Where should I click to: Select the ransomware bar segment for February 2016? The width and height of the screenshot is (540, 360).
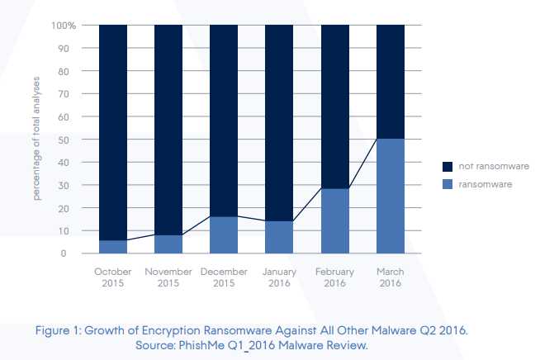[334, 220]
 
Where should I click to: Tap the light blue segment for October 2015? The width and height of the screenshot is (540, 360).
[113, 246]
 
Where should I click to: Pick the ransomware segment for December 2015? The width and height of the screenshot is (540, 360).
[224, 234]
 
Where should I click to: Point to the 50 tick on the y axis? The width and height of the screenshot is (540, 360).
[72, 140]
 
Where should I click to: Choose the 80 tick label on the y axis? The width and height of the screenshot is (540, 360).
[72, 71]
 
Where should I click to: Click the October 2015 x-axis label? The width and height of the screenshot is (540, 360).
[113, 277]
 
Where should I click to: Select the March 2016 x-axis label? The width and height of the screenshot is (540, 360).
[390, 277]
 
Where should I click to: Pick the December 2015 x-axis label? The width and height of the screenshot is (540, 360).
[224, 277]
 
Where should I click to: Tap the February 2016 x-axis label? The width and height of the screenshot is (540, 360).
[334, 277]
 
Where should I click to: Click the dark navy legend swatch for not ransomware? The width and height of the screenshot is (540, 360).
[448, 166]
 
